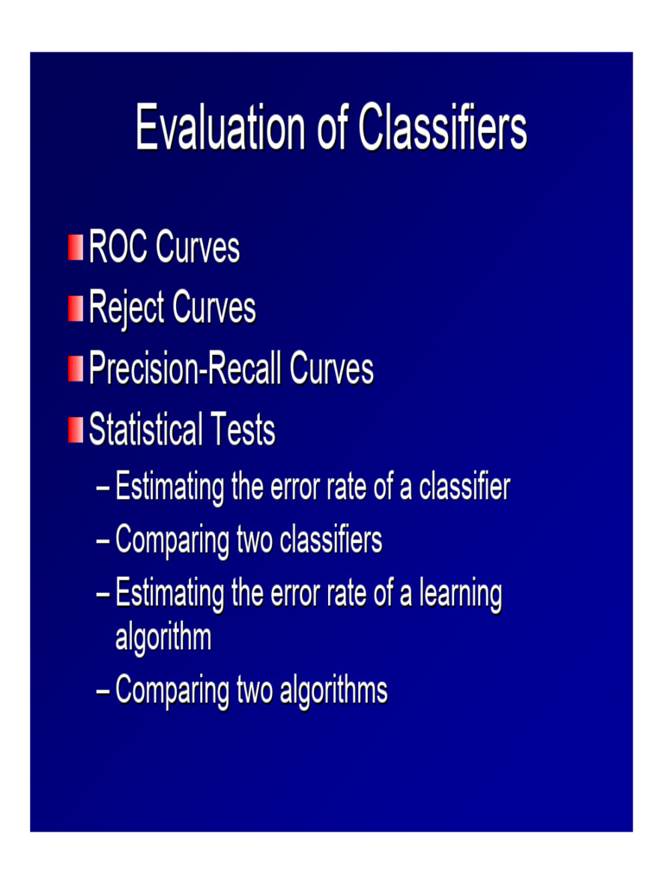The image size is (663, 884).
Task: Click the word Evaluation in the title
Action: tap(220, 128)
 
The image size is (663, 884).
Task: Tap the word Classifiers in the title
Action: tap(443, 128)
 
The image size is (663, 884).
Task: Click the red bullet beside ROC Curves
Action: tap(76, 248)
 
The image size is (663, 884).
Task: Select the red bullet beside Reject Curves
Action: tap(76, 308)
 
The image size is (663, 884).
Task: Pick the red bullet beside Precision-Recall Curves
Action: tap(76, 369)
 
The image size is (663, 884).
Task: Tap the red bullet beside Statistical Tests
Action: tap(76, 430)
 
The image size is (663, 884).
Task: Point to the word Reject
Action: tap(127, 309)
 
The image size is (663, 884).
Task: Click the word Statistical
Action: tap(145, 429)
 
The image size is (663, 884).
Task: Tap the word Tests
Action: tap(243, 429)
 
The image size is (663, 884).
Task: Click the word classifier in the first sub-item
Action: tap(464, 486)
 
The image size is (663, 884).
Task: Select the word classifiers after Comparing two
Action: tap(331, 540)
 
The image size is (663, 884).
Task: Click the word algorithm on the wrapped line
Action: tap(163, 639)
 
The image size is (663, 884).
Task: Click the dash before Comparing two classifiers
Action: tap(104, 541)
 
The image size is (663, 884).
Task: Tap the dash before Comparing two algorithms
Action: tap(104, 691)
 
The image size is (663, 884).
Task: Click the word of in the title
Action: tap(332, 128)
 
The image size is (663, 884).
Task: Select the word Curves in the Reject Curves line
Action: tap(214, 308)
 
